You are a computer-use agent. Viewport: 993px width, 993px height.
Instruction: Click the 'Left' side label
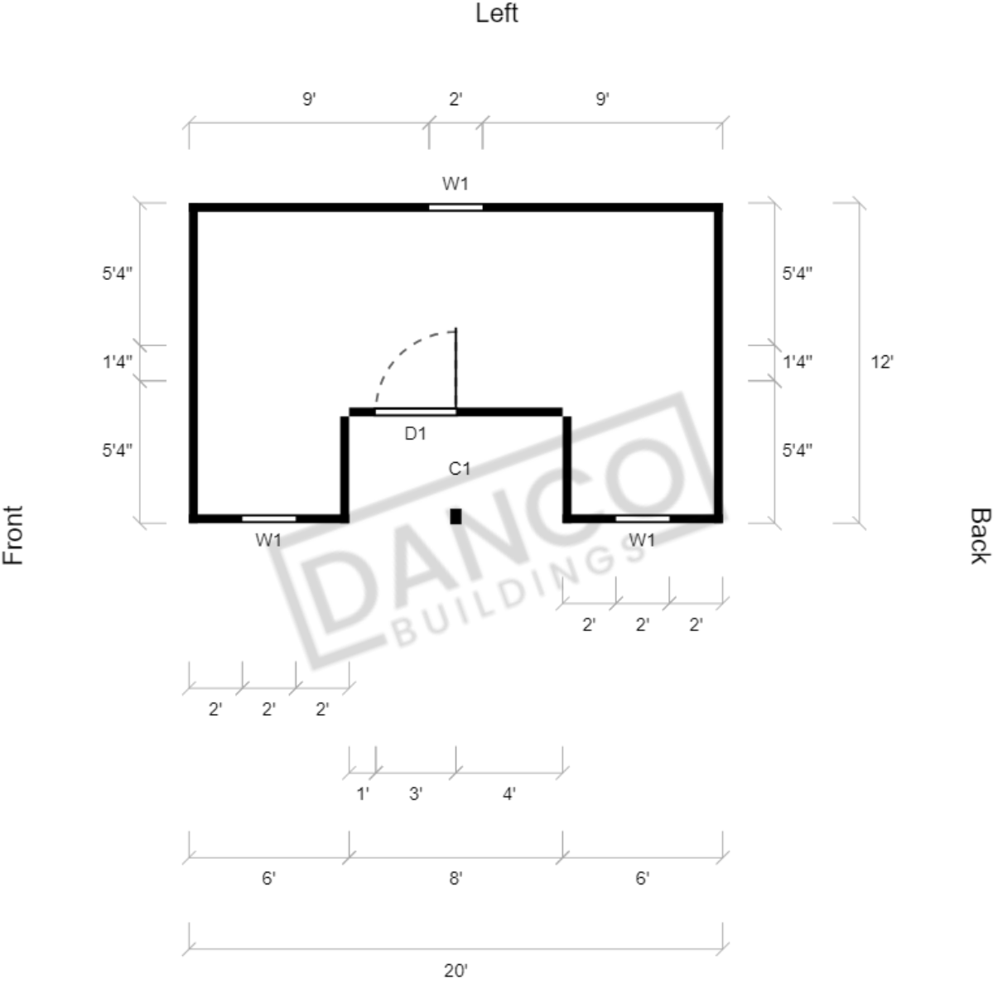click(x=497, y=13)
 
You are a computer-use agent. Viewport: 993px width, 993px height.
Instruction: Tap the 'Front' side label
click(x=13, y=535)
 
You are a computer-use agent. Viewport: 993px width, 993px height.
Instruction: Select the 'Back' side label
click(x=979, y=535)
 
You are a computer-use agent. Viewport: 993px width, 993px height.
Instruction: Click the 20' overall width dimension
click(x=456, y=970)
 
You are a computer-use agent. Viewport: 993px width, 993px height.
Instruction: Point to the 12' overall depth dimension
click(x=881, y=362)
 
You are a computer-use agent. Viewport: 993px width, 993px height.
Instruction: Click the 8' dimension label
click(x=456, y=879)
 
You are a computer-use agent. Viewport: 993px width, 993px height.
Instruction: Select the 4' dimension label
click(x=509, y=793)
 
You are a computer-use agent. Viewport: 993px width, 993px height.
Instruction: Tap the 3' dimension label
click(x=416, y=793)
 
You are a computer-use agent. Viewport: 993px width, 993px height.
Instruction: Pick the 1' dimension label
click(x=362, y=793)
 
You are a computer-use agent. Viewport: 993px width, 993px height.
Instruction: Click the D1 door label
click(x=416, y=434)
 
